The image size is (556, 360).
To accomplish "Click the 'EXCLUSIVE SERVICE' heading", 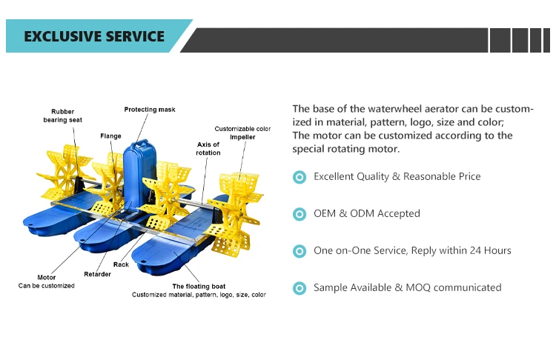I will click(x=94, y=36).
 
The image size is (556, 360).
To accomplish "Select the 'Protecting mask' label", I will click(x=150, y=110).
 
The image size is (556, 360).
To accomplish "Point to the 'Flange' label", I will click(x=110, y=136).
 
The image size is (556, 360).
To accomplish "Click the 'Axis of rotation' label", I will click(x=208, y=148).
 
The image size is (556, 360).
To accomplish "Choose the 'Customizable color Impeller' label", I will click(x=242, y=133).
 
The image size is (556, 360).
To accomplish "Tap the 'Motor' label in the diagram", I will click(x=46, y=278).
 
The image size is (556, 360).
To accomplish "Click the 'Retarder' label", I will click(x=97, y=274).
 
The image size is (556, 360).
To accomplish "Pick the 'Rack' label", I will click(x=121, y=264).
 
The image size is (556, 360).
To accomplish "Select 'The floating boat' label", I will click(x=199, y=286).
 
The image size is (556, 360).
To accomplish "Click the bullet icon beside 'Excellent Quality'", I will click(x=299, y=177).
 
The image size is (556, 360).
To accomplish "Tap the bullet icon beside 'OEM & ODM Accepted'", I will click(x=299, y=214).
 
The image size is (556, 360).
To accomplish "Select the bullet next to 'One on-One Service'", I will click(x=299, y=251).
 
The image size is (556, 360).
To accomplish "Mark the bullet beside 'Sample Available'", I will click(x=299, y=288).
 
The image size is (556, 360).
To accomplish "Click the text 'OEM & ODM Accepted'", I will click(x=366, y=213).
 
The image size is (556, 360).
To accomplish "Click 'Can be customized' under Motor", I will click(x=46, y=286).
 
